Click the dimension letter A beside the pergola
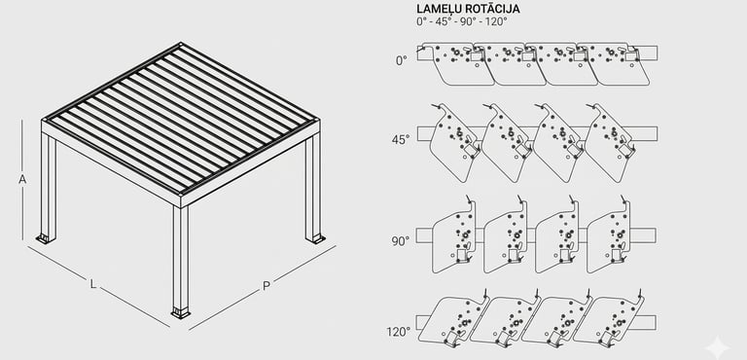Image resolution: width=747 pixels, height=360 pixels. (x=22, y=179)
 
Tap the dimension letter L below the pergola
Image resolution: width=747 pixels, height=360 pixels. (x=93, y=284)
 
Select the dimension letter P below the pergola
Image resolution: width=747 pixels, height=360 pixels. (x=267, y=286)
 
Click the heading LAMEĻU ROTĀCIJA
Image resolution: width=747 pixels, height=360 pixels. (x=468, y=9)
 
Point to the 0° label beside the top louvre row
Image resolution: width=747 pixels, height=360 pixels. (x=402, y=60)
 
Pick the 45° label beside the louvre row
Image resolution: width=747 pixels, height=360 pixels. (x=401, y=140)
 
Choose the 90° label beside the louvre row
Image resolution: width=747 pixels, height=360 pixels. (x=401, y=241)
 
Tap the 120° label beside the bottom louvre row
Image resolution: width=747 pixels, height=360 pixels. (x=399, y=332)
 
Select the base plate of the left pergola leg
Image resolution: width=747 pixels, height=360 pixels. (x=46, y=238)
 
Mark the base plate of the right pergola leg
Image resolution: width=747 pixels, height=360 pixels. (x=315, y=238)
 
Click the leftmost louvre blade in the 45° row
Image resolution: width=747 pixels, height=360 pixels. (x=453, y=143)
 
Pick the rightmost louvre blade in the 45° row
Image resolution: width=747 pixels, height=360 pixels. (x=609, y=143)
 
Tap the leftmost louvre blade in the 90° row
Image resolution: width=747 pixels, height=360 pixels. (x=454, y=236)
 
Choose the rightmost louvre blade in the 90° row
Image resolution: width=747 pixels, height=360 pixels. (x=609, y=236)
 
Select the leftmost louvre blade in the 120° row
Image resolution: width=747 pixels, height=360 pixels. (x=456, y=318)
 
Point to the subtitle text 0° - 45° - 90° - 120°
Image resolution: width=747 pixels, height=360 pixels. (x=462, y=22)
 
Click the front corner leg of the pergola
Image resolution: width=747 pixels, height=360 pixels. (x=181, y=260)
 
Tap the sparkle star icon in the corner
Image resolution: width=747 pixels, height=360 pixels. (x=717, y=346)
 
